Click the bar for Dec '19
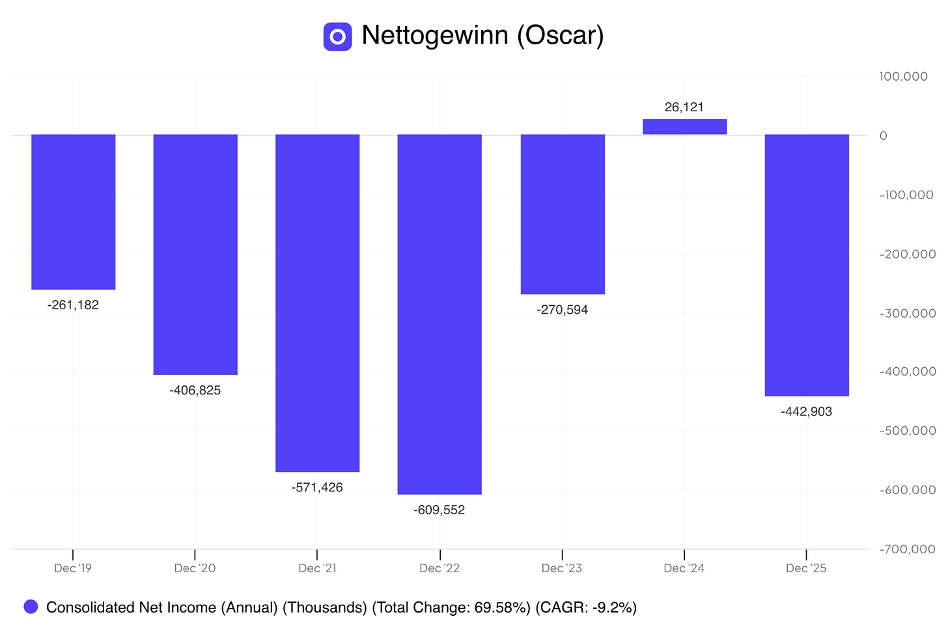[x=73, y=212]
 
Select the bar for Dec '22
[x=439, y=314]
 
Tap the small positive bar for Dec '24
[x=685, y=126]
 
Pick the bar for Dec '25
[x=807, y=266]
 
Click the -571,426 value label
[x=317, y=488]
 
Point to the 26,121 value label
[x=684, y=107]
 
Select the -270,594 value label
[x=562, y=310]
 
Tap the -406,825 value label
[x=195, y=390]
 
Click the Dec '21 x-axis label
[x=317, y=568]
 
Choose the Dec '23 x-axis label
[x=562, y=568]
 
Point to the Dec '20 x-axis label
[x=195, y=568]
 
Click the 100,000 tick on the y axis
[x=903, y=77]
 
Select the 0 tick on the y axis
[x=884, y=136]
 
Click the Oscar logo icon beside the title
[x=338, y=37]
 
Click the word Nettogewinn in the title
[x=435, y=35]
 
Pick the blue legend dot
[x=31, y=607]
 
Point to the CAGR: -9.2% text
[x=586, y=607]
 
